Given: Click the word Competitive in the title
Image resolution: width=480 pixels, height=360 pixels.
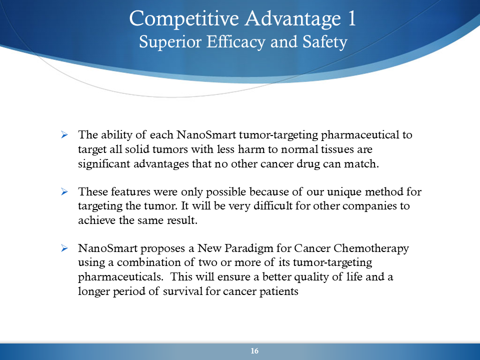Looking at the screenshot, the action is pyautogui.click(x=183, y=19).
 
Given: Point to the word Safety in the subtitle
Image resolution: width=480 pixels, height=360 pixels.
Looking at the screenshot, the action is pyautogui.click(x=325, y=42).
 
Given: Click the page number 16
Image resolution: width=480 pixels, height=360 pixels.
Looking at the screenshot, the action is pyautogui.click(x=254, y=351).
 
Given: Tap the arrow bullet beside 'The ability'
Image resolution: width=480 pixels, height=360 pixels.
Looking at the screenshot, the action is pyautogui.click(x=64, y=134).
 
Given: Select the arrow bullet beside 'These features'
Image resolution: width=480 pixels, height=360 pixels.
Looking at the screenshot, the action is pyautogui.click(x=64, y=191).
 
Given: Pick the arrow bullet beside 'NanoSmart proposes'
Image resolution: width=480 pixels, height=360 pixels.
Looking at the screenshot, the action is pyautogui.click(x=64, y=248).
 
